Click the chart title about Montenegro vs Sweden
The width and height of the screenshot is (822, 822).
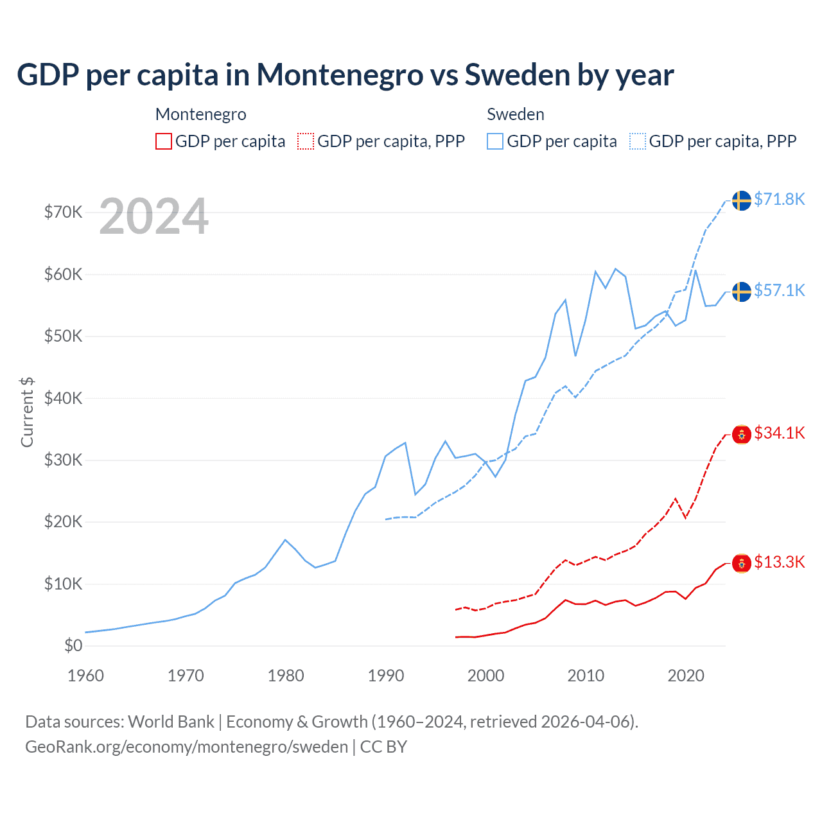pyautogui.click(x=345, y=75)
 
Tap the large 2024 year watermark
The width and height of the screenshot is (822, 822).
pyautogui.click(x=153, y=216)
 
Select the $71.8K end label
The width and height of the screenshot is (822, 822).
pyautogui.click(x=779, y=199)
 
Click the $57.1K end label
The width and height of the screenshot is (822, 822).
pyautogui.click(x=779, y=290)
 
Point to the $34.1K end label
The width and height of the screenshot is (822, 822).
pyautogui.click(x=779, y=433)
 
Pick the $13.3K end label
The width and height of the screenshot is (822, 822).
pyautogui.click(x=779, y=562)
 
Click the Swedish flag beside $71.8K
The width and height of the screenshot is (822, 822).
pyautogui.click(x=742, y=200)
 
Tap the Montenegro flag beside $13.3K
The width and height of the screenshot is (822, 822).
pyautogui.click(x=742, y=563)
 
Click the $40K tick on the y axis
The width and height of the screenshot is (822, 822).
pyautogui.click(x=63, y=398)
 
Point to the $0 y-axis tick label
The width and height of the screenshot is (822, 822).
pyautogui.click(x=73, y=645)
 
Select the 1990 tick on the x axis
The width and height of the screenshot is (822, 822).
pyautogui.click(x=386, y=676)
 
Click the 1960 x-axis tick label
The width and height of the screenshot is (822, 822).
pyautogui.click(x=85, y=676)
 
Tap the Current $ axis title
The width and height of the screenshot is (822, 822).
pyautogui.click(x=27, y=412)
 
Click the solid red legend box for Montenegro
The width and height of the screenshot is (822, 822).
pyautogui.click(x=164, y=141)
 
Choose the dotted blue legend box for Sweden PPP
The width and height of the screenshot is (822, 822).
pyautogui.click(x=638, y=141)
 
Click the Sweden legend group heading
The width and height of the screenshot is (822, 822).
pyautogui.click(x=516, y=114)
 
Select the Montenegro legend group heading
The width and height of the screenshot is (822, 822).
pyautogui.click(x=201, y=114)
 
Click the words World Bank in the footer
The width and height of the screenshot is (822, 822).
pyautogui.click(x=171, y=722)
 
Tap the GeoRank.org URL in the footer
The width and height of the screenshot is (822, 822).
pyautogui.click(x=186, y=747)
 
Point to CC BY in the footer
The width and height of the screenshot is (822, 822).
pyautogui.click(x=383, y=747)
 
